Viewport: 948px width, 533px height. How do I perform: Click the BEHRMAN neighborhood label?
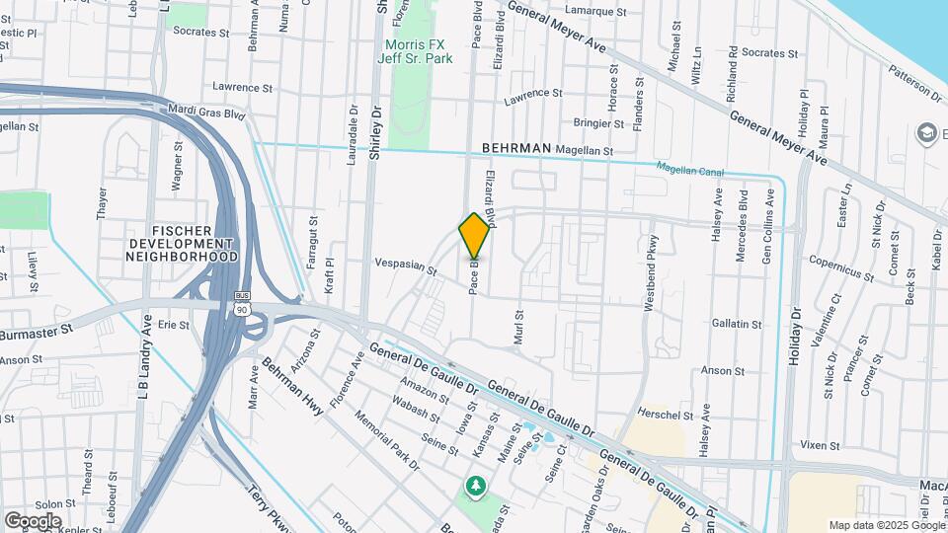[x=515, y=148]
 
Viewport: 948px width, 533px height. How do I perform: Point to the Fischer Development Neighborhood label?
[x=182, y=243]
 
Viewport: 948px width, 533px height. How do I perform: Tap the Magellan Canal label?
[x=690, y=171]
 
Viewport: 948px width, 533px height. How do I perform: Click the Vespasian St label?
[x=405, y=266]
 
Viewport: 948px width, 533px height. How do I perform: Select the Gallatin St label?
[x=737, y=324]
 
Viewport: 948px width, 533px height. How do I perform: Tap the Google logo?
[x=34, y=520]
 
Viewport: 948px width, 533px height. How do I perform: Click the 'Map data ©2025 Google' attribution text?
[x=886, y=525]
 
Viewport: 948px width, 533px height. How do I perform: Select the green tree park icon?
[x=476, y=487]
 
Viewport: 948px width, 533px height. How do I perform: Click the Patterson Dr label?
[x=915, y=84]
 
